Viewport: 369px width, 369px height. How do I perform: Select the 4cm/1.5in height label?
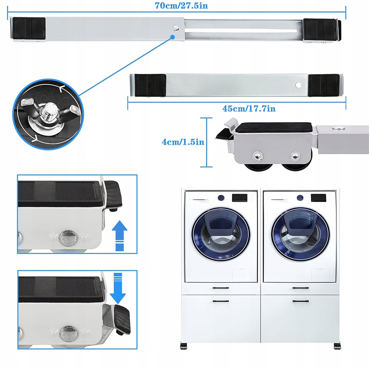click(183, 142)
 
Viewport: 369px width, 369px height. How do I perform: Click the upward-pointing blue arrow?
click(119, 235)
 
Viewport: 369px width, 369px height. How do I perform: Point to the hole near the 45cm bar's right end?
click(299, 85)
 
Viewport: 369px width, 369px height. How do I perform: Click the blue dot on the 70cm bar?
click(172, 36)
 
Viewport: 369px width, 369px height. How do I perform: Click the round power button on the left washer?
click(221, 197)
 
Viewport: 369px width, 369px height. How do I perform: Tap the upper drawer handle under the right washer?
click(300, 288)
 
